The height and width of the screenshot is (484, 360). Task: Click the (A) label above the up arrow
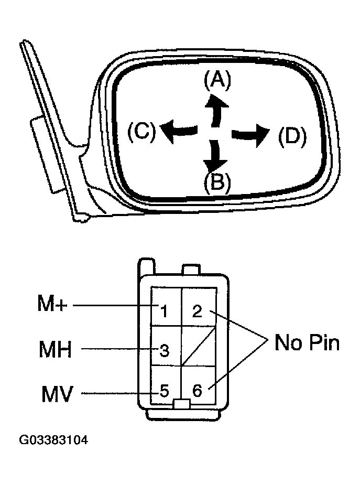[x=217, y=80]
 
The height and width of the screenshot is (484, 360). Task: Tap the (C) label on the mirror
[x=141, y=131]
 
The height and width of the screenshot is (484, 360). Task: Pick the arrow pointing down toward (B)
[x=215, y=156]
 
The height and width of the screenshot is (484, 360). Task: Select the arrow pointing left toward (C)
[x=178, y=131]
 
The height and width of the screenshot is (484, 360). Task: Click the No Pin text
[x=307, y=343]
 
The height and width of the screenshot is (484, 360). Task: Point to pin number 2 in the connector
[x=197, y=311]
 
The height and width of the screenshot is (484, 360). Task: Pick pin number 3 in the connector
[x=164, y=350]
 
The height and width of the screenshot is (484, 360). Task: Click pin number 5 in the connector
[x=164, y=391]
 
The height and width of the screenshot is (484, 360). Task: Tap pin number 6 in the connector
[x=198, y=391]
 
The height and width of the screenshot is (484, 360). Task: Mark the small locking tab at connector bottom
[x=181, y=404]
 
